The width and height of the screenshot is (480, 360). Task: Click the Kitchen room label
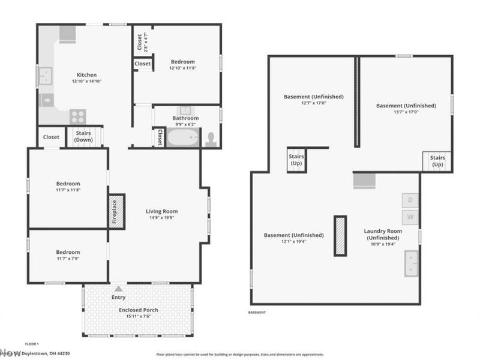tap(87, 74)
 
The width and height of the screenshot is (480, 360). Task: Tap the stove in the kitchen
tap(77, 116)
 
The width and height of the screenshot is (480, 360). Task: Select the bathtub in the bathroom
tap(182, 138)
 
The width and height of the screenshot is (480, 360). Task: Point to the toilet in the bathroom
tap(211, 139)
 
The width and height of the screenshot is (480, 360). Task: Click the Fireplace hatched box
tap(116, 211)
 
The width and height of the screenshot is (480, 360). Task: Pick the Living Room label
tap(162, 211)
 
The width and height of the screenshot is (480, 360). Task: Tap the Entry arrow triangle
tap(118, 289)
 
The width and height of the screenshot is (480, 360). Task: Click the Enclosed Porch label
tap(138, 310)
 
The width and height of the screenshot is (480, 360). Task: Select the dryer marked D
tap(410, 200)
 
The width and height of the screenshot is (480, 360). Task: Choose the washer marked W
tap(410, 216)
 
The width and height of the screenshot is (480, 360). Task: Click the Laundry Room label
tap(383, 234)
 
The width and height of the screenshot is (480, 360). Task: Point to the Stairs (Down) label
tap(83, 137)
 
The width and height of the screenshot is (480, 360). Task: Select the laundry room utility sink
tap(412, 263)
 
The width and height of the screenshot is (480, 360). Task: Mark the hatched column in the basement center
tap(340, 236)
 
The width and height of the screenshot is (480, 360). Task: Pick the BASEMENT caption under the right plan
tap(257, 313)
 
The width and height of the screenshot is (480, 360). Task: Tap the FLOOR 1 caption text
tap(32, 344)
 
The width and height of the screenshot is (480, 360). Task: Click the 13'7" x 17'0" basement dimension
tap(406, 112)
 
